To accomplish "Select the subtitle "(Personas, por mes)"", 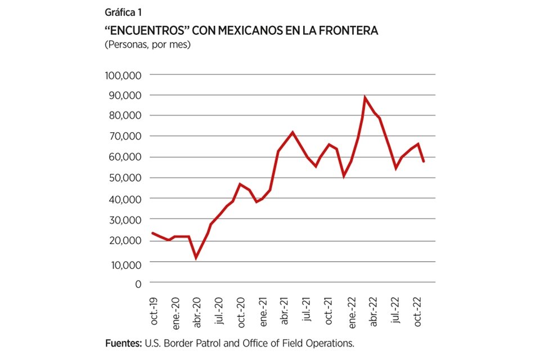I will [148, 45].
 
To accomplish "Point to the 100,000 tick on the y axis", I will [124, 75].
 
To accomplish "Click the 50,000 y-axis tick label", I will [125, 178].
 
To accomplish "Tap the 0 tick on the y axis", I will [138, 283].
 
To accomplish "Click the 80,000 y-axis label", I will [125, 115].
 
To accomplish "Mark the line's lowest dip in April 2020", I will [196, 258].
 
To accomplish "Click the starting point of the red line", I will [152, 233].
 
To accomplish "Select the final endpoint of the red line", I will [424, 161].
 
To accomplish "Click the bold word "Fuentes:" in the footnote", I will [124, 343].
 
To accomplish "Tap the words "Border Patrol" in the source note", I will [188, 343].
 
